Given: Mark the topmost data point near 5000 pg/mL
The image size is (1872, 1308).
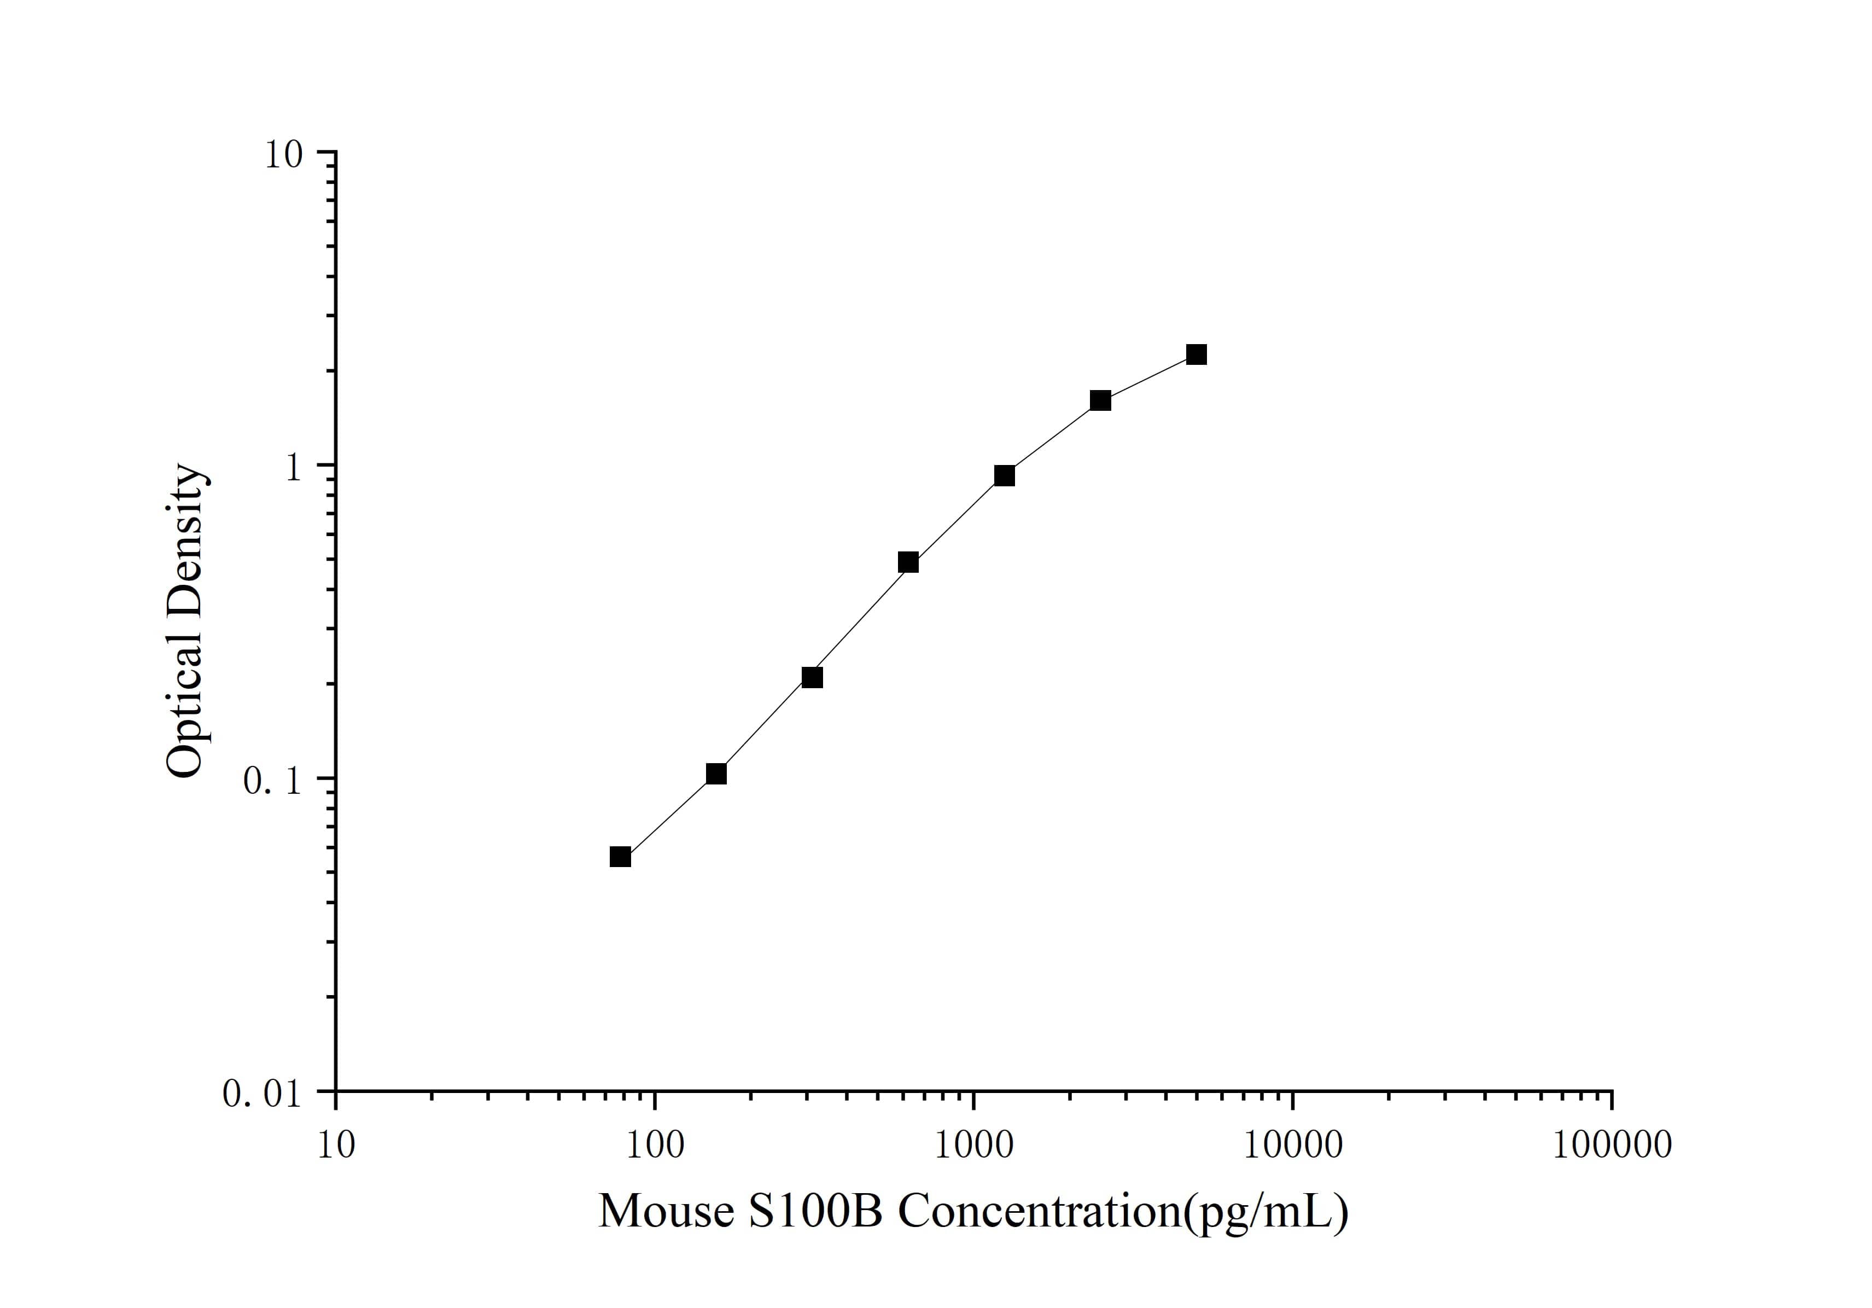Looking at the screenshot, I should point(1195,354).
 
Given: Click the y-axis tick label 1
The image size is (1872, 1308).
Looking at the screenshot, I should point(293,467).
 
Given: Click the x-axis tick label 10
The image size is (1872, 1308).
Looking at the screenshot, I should point(335,1145).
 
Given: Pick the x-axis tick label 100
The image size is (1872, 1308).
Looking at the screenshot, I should point(654,1145).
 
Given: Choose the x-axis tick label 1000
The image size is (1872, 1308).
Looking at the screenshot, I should point(973,1145).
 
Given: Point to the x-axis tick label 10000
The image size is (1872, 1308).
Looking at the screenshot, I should point(1292,1145).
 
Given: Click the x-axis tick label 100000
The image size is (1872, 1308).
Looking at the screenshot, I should point(1611,1145).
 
